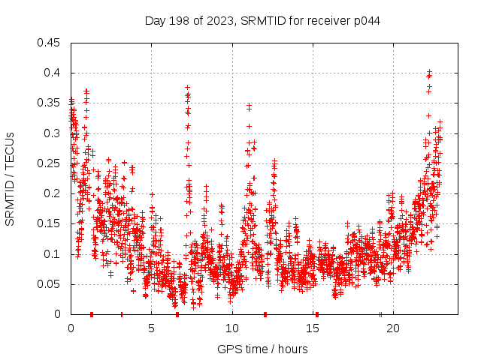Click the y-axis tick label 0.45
tap(49, 43)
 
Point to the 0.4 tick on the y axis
tap(52, 73)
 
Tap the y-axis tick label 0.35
tap(49, 103)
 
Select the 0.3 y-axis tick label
tap(52, 133)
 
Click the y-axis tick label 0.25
tap(49, 163)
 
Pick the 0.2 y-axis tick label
tap(52, 193)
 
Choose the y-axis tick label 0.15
tap(49, 223)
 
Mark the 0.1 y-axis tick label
tap(52, 254)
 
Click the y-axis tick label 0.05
tap(49, 284)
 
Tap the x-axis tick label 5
tap(152, 328)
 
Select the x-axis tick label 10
tap(232, 328)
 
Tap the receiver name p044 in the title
tap(366, 20)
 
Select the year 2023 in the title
tap(218, 20)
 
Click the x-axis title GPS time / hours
tap(262, 349)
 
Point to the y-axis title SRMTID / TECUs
tap(10, 178)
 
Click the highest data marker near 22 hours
tap(429, 72)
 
